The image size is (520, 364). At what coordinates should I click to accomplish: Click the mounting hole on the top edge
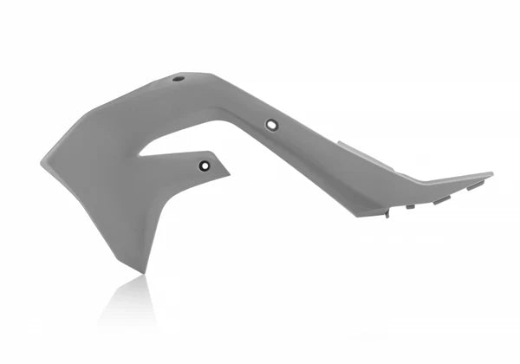pyautogui.click(x=179, y=79)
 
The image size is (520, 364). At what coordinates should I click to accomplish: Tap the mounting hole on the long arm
pyautogui.click(x=272, y=125)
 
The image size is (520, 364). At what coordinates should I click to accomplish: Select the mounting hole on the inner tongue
pyautogui.click(x=205, y=166)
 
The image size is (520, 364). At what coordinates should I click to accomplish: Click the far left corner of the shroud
pyautogui.click(x=42, y=161)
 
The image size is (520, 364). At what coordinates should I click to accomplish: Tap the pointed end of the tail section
pyautogui.click(x=491, y=174)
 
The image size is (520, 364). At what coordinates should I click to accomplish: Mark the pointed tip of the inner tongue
pyautogui.click(x=229, y=167)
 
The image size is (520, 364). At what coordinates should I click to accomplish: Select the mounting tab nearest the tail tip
pyautogui.click(x=475, y=185)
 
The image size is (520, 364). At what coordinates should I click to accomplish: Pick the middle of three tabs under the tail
pyautogui.click(x=442, y=199)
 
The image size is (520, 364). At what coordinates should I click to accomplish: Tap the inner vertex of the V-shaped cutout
pyautogui.click(x=140, y=156)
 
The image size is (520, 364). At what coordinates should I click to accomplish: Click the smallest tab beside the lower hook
pyautogui.click(x=410, y=206)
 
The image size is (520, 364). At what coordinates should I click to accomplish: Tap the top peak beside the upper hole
pyautogui.click(x=195, y=74)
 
